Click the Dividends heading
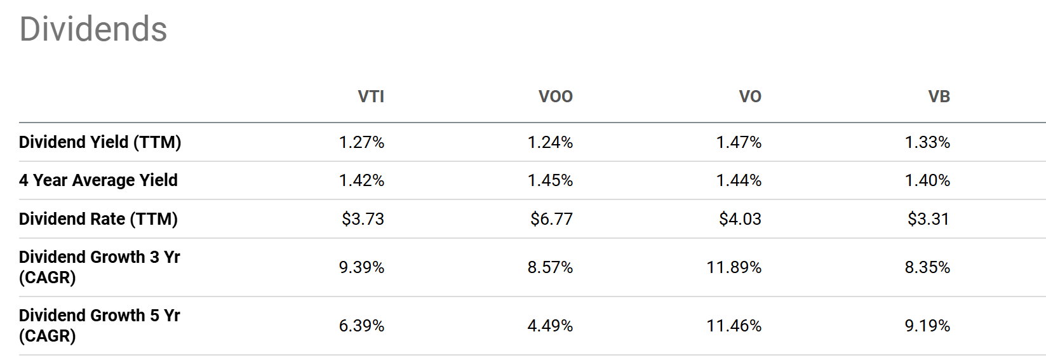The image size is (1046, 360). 93,29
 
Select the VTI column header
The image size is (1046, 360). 371,97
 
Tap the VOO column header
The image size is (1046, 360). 555,97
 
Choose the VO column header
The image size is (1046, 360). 749,97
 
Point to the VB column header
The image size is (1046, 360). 939,97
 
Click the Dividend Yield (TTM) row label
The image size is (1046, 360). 100,142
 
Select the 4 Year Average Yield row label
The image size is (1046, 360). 98,180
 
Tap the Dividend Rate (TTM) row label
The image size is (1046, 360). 98,219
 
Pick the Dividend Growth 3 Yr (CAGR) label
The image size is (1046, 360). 99,267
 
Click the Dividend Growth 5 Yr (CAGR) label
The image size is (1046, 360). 99,326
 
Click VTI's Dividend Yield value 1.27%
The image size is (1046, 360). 361,142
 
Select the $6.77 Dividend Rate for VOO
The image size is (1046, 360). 551,219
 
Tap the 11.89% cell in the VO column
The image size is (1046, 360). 734,267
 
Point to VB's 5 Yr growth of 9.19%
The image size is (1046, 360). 927,326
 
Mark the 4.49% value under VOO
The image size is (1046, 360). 550,326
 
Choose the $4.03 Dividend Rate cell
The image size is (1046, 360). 740,219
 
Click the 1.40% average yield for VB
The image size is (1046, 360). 927,180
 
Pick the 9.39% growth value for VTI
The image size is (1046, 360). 361,267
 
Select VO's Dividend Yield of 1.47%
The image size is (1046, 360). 739,142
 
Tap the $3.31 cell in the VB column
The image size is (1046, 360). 928,219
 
